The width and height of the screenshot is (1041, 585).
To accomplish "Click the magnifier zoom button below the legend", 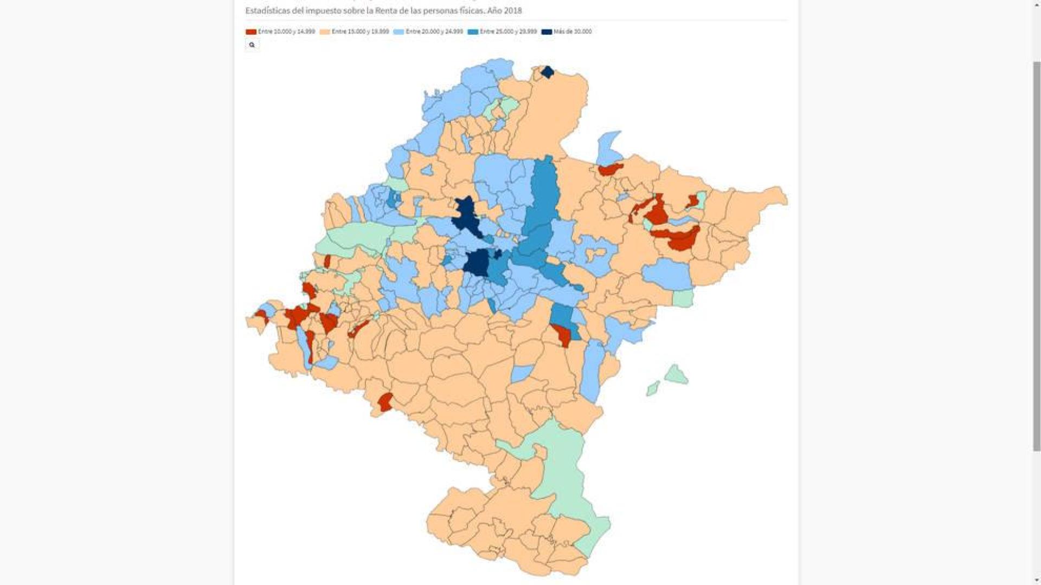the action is [x=252, y=45].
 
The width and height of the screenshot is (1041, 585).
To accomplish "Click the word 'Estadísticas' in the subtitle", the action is [x=268, y=10].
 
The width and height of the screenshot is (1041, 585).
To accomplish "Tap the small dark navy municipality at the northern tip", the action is [x=548, y=72].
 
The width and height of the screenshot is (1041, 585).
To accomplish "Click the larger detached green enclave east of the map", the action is [x=676, y=374].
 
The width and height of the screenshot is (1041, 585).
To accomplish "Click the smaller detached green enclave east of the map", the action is [x=653, y=388].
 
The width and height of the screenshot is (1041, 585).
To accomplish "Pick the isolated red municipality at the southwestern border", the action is [x=385, y=402].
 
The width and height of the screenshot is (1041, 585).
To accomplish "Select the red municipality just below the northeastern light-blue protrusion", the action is [x=611, y=170].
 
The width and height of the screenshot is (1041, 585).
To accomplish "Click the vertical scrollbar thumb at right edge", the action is [x=1036, y=255].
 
